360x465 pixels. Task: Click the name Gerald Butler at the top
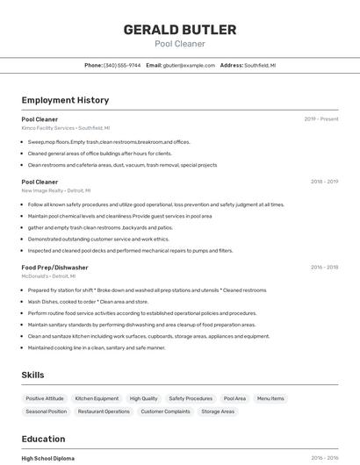(x=179, y=30)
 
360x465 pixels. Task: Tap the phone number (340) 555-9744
(x=122, y=65)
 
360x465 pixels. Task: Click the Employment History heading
(x=65, y=100)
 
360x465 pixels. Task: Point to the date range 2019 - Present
(x=320, y=119)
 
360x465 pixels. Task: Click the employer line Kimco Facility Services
(x=65, y=128)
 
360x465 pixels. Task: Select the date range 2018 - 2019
(x=324, y=182)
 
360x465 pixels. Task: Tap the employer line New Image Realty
(x=55, y=190)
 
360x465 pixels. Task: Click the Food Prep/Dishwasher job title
(x=54, y=267)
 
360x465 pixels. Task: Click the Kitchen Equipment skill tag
(x=97, y=398)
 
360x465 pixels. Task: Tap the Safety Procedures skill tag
(x=191, y=398)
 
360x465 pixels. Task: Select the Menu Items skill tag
(x=270, y=398)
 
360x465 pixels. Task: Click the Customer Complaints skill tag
(x=165, y=411)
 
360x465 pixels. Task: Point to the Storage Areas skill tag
(x=218, y=411)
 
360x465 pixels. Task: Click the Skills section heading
(x=32, y=375)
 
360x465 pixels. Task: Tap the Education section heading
(x=43, y=439)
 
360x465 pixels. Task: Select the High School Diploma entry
(x=47, y=458)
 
